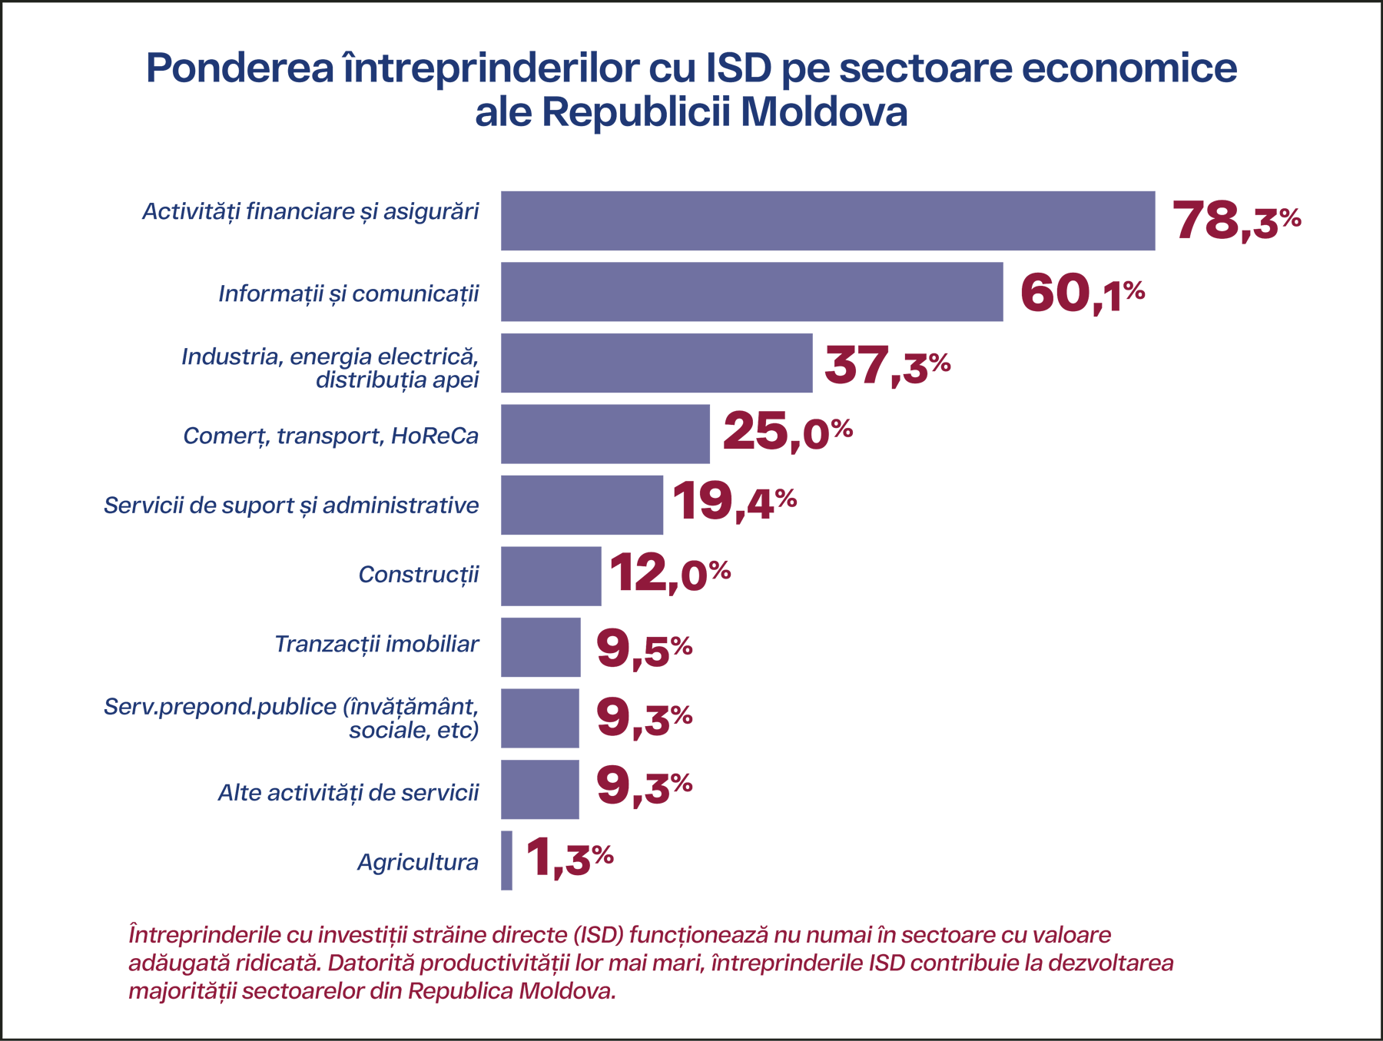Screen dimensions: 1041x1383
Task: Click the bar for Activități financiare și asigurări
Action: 827,220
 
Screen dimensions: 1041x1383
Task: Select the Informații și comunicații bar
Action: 751,292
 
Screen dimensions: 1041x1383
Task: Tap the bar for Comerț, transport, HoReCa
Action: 605,434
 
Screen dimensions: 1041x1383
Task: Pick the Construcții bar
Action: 551,576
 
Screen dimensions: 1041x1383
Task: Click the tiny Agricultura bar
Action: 506,860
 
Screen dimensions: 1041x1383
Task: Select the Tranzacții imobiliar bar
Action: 540,647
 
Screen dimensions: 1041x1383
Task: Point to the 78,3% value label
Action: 1235,220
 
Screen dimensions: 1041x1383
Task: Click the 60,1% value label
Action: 1082,293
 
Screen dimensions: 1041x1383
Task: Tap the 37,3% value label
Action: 887,364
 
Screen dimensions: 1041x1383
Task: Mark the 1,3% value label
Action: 569,857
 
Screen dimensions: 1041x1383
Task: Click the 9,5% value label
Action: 644,648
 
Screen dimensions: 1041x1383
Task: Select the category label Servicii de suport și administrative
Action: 291,506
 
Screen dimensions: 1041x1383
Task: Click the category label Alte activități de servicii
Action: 348,792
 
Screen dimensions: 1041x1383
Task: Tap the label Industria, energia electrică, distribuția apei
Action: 330,368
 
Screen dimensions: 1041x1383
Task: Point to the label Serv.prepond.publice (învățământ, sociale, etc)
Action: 291,718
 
